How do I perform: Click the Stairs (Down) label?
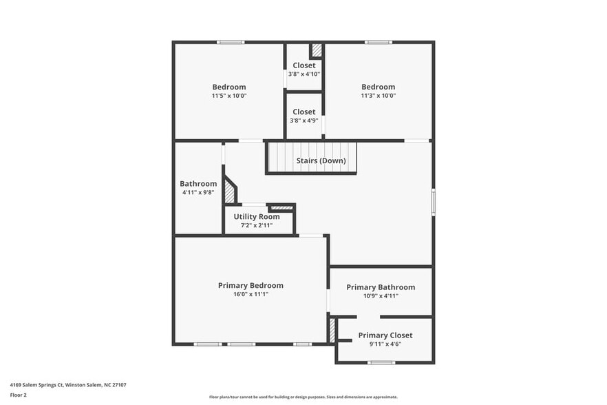pos(321,161)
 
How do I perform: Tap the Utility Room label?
pos(256,216)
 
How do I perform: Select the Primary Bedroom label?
pos(251,285)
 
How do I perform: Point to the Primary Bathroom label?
pos(381,287)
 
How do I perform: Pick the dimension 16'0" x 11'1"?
pos(251,295)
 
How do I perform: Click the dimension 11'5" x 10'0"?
pos(229,96)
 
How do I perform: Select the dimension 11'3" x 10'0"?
pos(379,96)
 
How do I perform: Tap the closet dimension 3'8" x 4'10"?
pos(304,74)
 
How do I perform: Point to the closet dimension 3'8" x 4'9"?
pos(304,121)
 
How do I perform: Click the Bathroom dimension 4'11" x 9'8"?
pos(198,193)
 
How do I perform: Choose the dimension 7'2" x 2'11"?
pos(256,225)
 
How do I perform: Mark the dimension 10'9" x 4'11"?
pos(381,296)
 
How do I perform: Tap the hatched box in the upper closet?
pos(317,50)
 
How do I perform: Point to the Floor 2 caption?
pos(19,395)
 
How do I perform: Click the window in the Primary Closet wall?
pos(379,362)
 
